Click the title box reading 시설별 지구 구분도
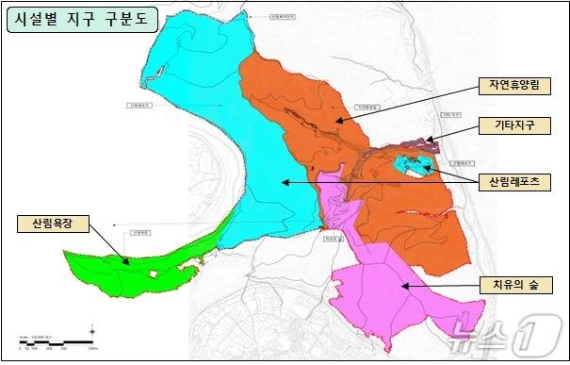coord(81,19)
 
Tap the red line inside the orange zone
coord(415,214)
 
